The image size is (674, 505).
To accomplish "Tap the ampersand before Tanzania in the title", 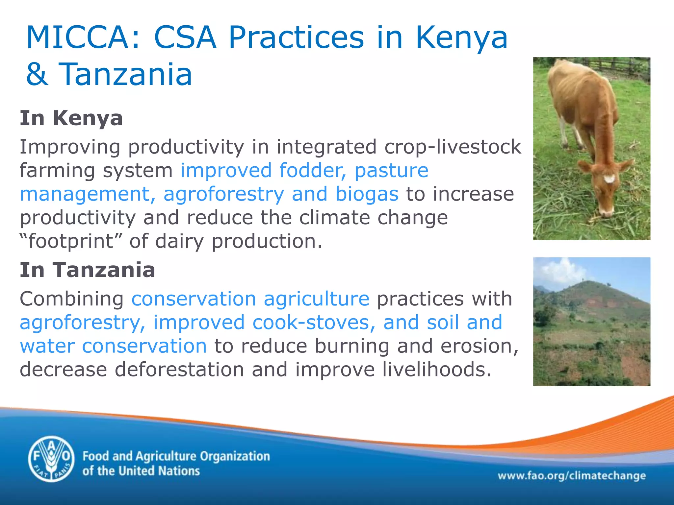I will (37, 74).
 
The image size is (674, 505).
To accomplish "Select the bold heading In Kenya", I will (71, 118).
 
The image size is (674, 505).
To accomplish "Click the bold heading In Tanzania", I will (87, 270).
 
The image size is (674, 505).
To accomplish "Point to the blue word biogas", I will (367, 194).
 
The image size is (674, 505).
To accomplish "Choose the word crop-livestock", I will (453, 147).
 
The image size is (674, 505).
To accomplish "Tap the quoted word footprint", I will (71, 241).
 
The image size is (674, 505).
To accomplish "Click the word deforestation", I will (179, 369).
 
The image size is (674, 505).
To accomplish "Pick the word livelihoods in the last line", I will (433, 369).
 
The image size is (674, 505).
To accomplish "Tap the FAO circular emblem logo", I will (51, 459).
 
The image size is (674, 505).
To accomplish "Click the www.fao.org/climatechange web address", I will (572, 476).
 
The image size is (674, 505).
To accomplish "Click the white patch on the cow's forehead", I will (609, 179).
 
